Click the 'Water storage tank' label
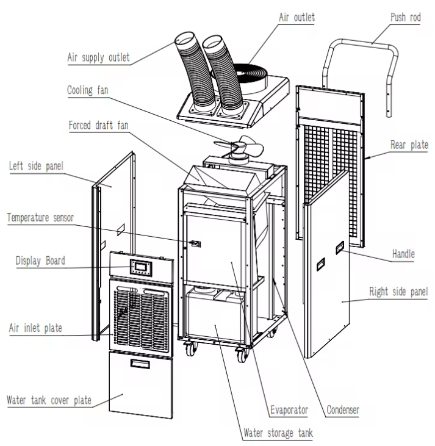click(x=281, y=434)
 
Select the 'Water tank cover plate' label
click(x=49, y=401)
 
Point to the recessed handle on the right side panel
click(x=339, y=248)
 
